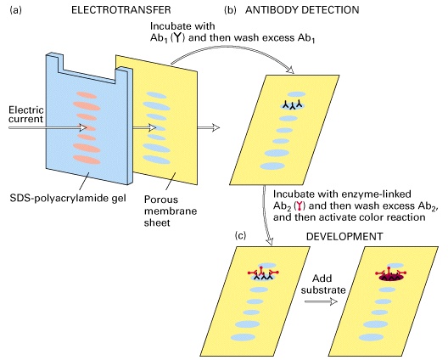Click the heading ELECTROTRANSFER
click(x=120, y=10)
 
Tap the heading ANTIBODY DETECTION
click(x=302, y=10)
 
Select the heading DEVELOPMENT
click(x=344, y=237)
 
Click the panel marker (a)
click(x=16, y=10)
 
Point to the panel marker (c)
click(x=240, y=235)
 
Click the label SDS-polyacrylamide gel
click(x=68, y=198)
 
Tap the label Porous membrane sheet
click(x=171, y=211)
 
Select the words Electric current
click(x=26, y=115)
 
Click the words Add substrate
click(x=323, y=284)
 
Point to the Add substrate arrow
click(x=321, y=301)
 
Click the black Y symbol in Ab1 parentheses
click(x=177, y=37)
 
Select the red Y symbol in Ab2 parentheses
click(x=300, y=205)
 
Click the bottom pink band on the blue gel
click(x=87, y=160)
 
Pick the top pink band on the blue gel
click(x=87, y=95)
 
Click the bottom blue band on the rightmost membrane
click(x=371, y=337)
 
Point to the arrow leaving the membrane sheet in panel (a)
click(x=209, y=127)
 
